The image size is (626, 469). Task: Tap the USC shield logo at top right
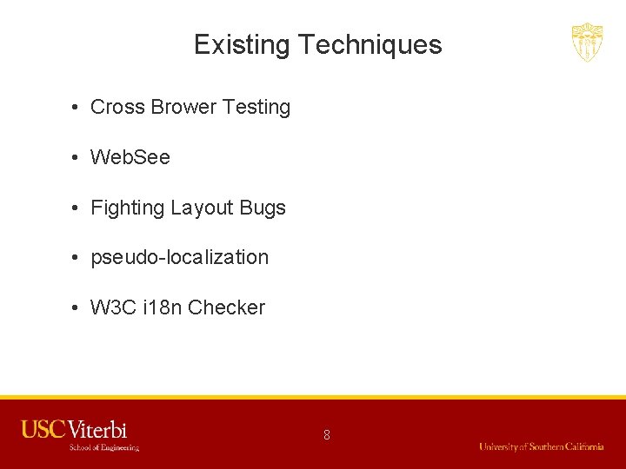(x=587, y=42)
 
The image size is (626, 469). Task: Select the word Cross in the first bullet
(x=117, y=108)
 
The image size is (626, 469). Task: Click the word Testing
(x=256, y=108)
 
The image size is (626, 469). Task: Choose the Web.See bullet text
(x=130, y=158)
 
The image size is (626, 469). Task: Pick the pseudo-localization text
(x=180, y=258)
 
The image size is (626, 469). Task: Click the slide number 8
(x=327, y=434)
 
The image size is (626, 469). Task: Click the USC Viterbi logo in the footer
(x=75, y=429)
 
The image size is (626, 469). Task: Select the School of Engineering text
(x=103, y=447)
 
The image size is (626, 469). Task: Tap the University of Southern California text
(x=541, y=446)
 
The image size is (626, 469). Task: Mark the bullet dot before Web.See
(x=77, y=158)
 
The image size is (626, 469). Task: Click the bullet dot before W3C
(x=77, y=308)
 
